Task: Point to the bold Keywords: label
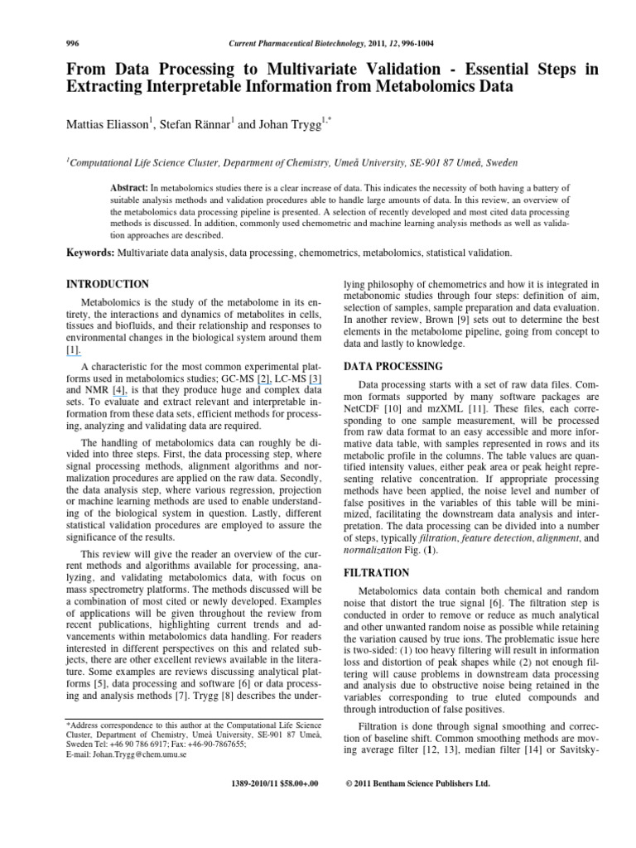89,252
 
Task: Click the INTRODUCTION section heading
107,284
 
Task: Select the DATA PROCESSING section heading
393,366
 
